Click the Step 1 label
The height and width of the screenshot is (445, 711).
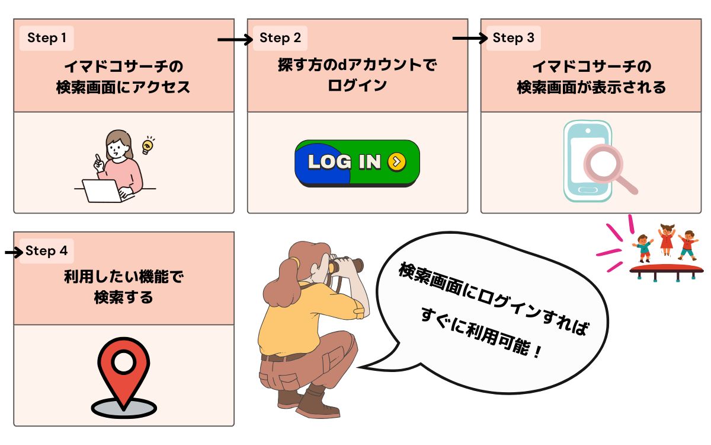pyautogui.click(x=47, y=39)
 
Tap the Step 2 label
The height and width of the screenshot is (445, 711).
pyautogui.click(x=280, y=39)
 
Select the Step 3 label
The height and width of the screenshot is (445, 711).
pyautogui.click(x=513, y=39)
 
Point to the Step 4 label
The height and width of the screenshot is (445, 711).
pyautogui.click(x=47, y=251)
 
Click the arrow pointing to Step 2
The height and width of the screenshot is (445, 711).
pyautogui.click(x=235, y=40)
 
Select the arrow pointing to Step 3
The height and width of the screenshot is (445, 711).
pyautogui.click(x=469, y=39)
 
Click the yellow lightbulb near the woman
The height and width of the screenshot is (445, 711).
pyautogui.click(x=148, y=145)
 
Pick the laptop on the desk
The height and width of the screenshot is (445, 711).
pyautogui.click(x=101, y=190)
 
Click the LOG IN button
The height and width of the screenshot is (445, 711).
pyautogui.click(x=357, y=163)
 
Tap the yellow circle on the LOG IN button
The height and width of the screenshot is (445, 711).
pyautogui.click(x=396, y=161)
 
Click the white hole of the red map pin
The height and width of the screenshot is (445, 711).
pyautogui.click(x=123, y=362)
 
